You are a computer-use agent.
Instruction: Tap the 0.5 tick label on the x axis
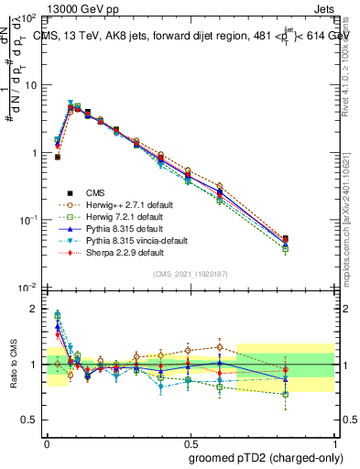tap(190, 440)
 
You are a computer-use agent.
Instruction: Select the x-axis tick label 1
tap(335, 440)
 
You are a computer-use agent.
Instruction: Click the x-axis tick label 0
tap(46, 440)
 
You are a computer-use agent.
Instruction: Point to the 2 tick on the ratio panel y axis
tap(33, 309)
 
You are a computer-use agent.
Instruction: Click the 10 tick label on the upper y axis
tap(28, 85)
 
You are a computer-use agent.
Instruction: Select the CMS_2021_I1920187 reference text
tap(190, 274)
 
